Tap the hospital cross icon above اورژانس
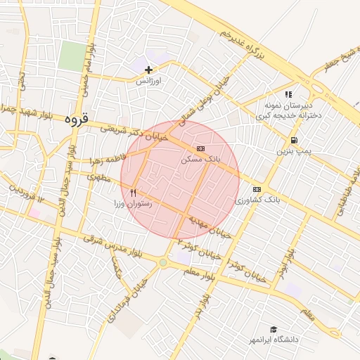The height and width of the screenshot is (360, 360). [x=149, y=70]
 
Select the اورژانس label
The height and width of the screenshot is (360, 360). [x=149, y=81]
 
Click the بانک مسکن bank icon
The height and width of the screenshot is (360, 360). [x=201, y=149]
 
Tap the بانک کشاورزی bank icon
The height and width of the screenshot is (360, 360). [x=257, y=189]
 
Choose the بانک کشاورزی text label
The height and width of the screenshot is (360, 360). [x=257, y=200]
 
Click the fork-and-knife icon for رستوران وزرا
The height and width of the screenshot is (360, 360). [x=133, y=192]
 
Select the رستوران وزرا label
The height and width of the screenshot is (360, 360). [x=133, y=203]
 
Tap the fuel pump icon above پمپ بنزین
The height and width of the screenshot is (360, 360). [x=292, y=140]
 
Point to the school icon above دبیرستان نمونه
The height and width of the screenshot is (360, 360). [x=288, y=94]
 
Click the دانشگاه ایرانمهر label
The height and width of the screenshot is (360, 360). [x=274, y=340]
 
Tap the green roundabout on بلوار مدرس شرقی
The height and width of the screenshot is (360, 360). [x=163, y=263]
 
